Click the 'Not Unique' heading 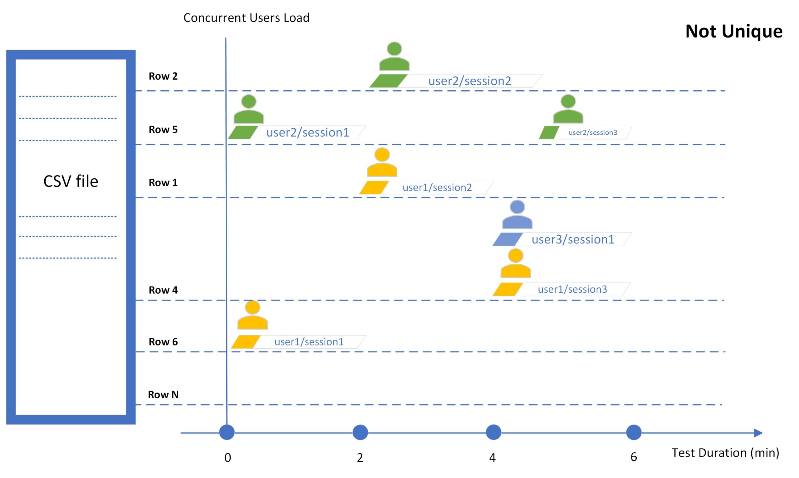pyautogui.click(x=734, y=32)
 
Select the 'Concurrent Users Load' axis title pyautogui.click(x=246, y=18)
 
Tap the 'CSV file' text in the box pyautogui.click(x=71, y=181)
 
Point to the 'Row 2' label pyautogui.click(x=163, y=76)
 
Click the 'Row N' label pyautogui.click(x=163, y=395)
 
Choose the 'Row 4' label pyautogui.click(x=163, y=290)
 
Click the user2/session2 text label pyautogui.click(x=469, y=81)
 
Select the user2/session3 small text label pyautogui.click(x=593, y=132)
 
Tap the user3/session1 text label pyautogui.click(x=573, y=239)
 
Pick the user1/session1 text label pyautogui.click(x=309, y=342)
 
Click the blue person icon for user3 pyautogui.click(x=517, y=215)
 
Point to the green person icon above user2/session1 pyautogui.click(x=249, y=109)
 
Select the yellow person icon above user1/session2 pyautogui.click(x=382, y=162)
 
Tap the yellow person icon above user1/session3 pyautogui.click(x=516, y=263)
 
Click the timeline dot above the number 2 pyautogui.click(x=360, y=433)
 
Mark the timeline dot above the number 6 pyautogui.click(x=634, y=433)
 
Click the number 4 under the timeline pyautogui.click(x=492, y=458)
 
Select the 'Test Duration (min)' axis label pyautogui.click(x=725, y=453)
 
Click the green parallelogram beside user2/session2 pyautogui.click(x=388, y=81)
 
